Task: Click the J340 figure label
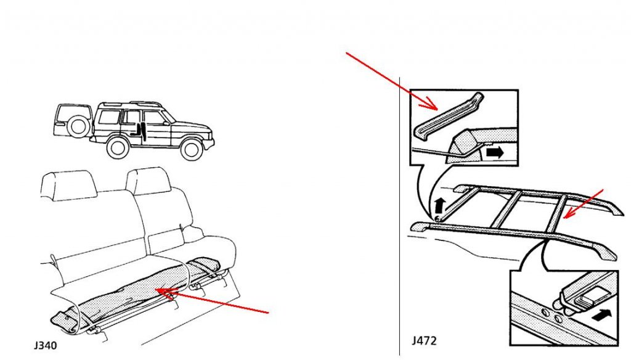click(46, 345)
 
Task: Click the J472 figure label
click(424, 341)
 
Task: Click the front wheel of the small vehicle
click(192, 149)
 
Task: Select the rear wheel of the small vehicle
click(118, 147)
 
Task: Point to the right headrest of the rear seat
click(148, 181)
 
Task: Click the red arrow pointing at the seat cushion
click(212, 300)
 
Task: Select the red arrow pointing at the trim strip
click(392, 81)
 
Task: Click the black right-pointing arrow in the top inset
click(495, 152)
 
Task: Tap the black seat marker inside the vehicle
click(141, 132)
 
